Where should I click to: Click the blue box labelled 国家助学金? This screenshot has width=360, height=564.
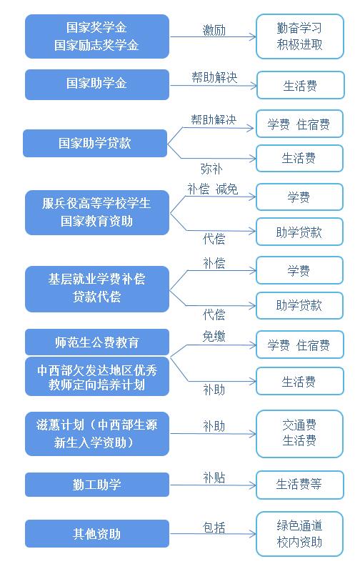pos(97,84)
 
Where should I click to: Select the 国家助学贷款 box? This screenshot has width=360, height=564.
pos(95,143)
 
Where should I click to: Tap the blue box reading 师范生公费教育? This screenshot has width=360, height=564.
pos(97,342)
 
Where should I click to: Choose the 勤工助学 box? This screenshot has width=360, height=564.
pos(97,485)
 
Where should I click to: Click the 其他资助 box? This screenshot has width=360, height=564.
pos(97,534)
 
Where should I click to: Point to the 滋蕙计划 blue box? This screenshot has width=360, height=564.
pos(97,434)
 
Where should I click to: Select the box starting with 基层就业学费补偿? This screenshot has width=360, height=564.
pos(97,289)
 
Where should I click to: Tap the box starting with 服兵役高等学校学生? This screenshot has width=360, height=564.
pos(97,212)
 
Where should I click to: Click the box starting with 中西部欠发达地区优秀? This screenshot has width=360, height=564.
pos(97,377)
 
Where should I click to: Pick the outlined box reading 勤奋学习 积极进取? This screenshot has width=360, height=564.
pos(300,36)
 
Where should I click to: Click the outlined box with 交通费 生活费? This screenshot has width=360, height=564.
pos(299,433)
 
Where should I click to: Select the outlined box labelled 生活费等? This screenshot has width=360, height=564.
pos(300,485)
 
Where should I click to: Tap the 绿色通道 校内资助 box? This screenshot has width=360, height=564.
pos(299,534)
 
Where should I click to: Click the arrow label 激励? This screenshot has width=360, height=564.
pos(214,30)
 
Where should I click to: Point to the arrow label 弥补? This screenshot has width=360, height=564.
pos(211,169)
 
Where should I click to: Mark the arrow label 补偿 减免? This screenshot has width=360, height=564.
pos(213,189)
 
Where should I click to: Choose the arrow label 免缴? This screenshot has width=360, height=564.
pos(214,336)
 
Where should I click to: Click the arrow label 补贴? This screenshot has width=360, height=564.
pos(214,478)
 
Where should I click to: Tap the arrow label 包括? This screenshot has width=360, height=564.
pos(214,528)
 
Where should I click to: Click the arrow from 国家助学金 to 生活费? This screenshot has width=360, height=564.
pos(214,86)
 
